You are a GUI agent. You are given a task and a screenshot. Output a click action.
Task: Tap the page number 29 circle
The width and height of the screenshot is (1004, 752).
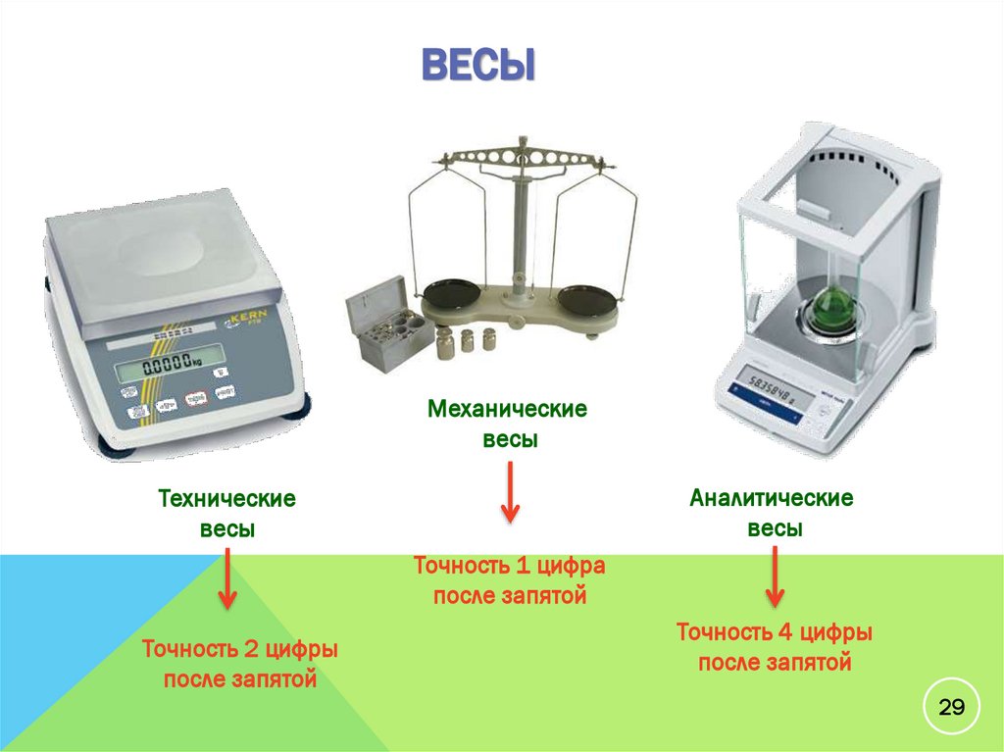952,707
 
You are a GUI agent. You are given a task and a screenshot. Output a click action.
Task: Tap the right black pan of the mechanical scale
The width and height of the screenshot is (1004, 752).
589,295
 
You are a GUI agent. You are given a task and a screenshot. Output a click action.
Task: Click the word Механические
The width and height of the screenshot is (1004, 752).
507,408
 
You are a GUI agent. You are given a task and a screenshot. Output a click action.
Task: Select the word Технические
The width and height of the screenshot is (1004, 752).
227,499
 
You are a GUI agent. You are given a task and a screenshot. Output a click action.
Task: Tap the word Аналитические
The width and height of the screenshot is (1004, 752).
772,498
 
